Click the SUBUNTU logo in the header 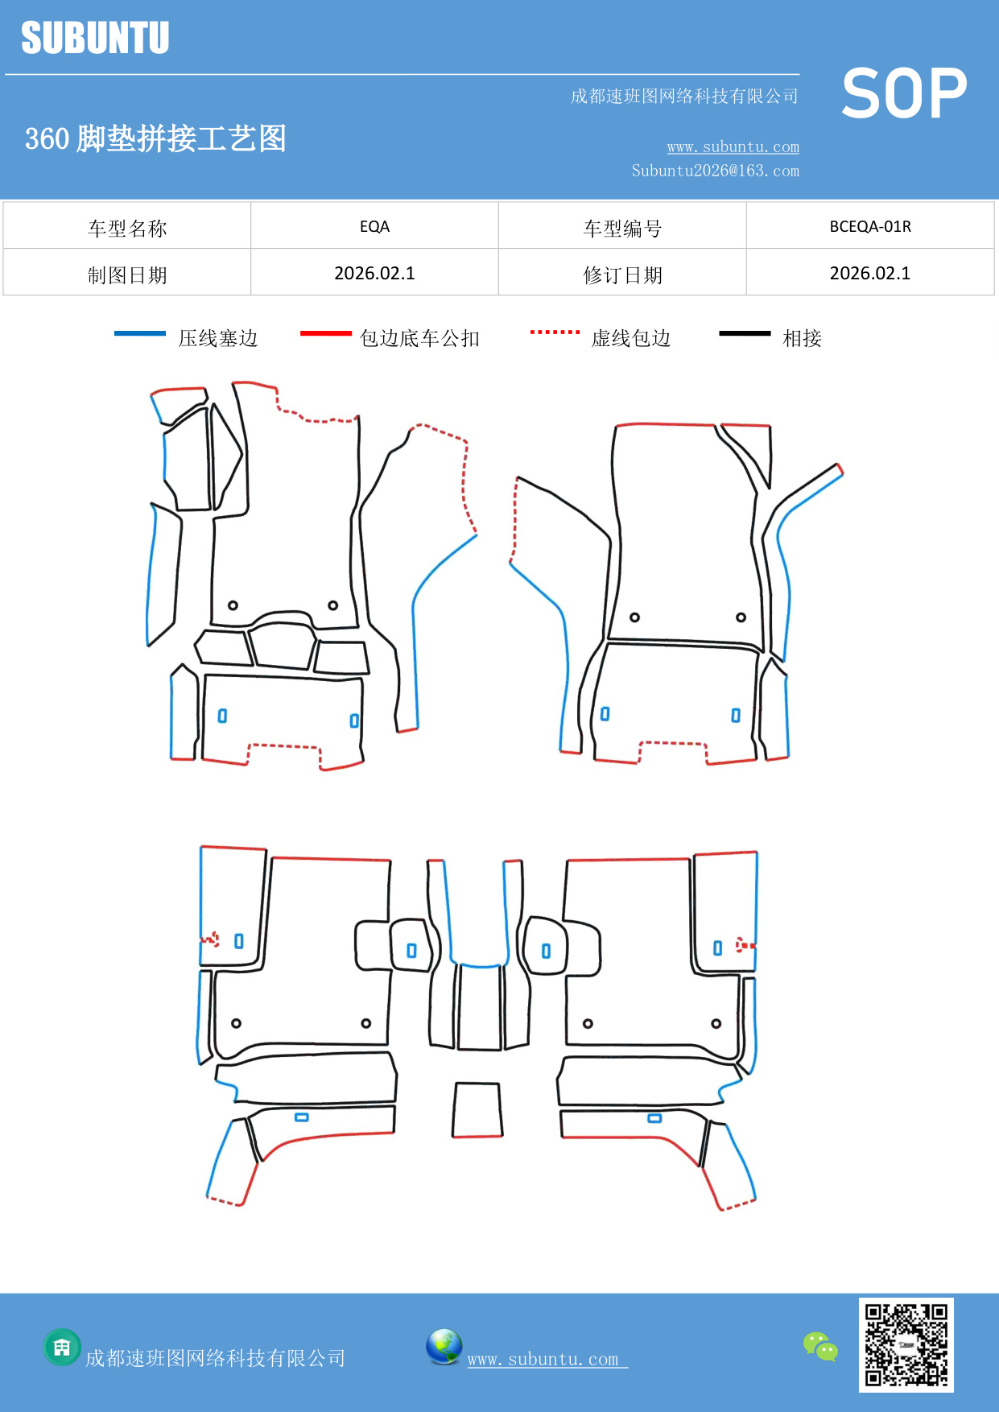tap(95, 38)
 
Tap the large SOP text tap(903, 93)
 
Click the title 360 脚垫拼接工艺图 tap(155, 138)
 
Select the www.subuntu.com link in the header tap(733, 147)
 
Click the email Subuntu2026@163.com tap(715, 171)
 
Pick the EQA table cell tap(374, 226)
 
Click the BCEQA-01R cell tap(869, 226)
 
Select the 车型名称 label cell tap(127, 229)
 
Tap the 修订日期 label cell tap(622, 275)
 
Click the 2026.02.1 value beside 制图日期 tap(374, 274)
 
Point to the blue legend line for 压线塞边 tap(139, 333)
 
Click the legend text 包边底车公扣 tap(419, 338)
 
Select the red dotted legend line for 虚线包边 tap(555, 332)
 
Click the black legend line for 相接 tap(745, 333)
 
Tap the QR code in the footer tap(906, 1344)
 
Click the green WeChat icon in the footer tap(820, 1346)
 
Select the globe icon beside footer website tap(444, 1347)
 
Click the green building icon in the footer tap(62, 1347)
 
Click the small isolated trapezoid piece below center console tap(477, 1110)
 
